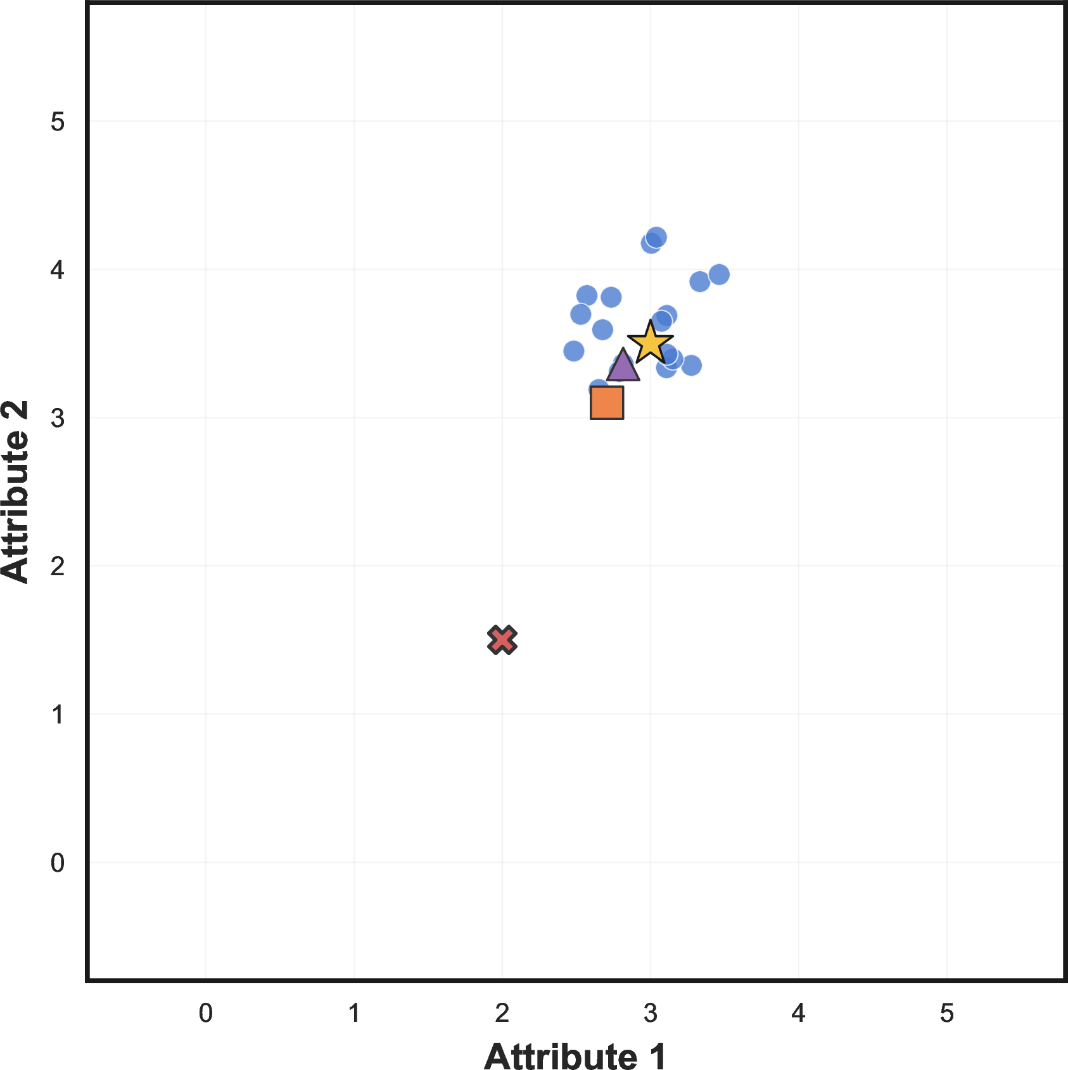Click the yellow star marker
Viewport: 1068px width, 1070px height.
click(x=650, y=342)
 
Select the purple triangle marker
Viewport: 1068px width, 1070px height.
click(x=623, y=366)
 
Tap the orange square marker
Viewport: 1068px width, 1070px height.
click(x=607, y=403)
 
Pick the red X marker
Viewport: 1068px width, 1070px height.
click(x=502, y=640)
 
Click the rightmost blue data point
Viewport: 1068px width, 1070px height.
click(x=719, y=275)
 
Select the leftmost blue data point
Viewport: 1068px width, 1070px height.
click(x=573, y=351)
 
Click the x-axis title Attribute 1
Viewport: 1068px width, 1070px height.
click(x=575, y=1056)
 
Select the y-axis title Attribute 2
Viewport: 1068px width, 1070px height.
click(x=16, y=492)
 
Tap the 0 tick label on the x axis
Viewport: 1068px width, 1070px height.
click(x=206, y=1013)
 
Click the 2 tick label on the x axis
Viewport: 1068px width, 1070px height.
click(x=502, y=1013)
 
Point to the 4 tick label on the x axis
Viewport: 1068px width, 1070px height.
click(x=798, y=1013)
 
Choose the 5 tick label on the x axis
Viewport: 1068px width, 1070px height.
click(x=946, y=1013)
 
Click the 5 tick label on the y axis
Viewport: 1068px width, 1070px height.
click(x=58, y=122)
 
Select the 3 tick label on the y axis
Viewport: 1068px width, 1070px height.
click(x=58, y=418)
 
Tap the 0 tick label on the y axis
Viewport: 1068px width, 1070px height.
click(x=58, y=862)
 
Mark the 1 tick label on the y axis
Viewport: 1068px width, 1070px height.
click(x=58, y=715)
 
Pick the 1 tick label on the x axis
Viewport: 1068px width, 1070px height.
click(x=354, y=1013)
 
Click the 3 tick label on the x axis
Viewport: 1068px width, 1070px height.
click(x=651, y=1013)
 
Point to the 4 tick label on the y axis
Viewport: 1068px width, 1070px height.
click(x=58, y=270)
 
